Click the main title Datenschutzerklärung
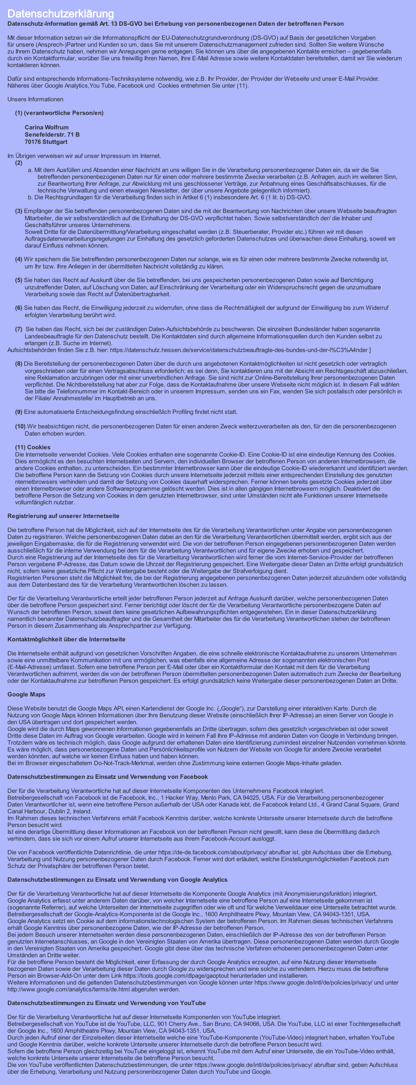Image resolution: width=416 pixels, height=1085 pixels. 61,14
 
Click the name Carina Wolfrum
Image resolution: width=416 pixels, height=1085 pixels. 46,127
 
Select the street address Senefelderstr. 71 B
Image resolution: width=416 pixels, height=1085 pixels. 52,134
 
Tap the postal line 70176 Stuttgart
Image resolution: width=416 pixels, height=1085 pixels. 46,142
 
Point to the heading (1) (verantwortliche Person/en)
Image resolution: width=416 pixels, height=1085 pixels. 59,113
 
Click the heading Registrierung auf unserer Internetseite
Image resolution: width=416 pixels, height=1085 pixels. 63,516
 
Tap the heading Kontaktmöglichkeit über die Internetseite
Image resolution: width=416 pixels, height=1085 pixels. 66,639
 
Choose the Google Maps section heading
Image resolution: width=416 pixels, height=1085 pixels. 26,694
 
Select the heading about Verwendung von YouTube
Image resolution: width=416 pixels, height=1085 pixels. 107,1003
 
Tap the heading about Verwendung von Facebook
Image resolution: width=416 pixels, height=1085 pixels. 107,777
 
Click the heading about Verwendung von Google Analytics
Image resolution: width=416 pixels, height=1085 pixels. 117,880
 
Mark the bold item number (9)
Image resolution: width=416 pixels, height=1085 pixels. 19,412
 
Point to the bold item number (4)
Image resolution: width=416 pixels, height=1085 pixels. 19,260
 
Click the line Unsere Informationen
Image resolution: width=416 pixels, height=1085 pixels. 35,99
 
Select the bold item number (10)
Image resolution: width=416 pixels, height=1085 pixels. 20,427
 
